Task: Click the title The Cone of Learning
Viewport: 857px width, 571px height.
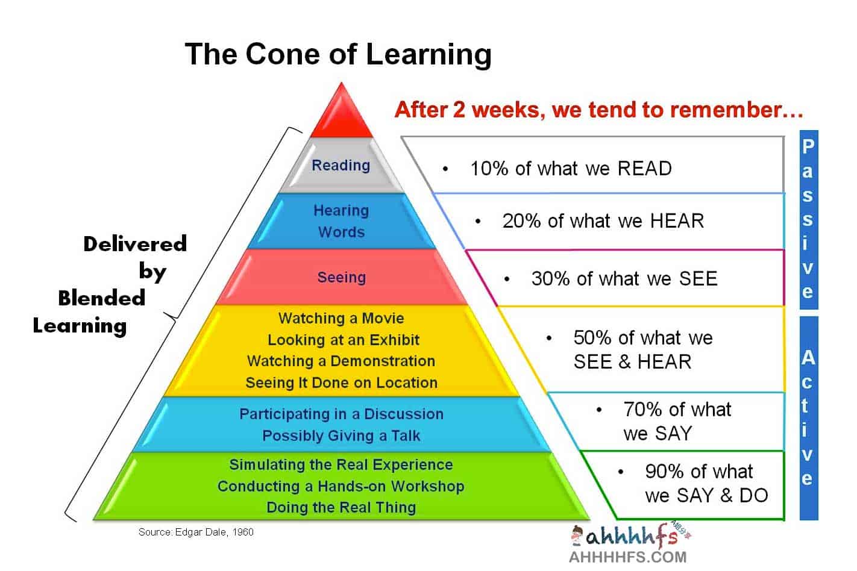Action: point(338,54)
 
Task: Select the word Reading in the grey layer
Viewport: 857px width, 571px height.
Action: point(341,166)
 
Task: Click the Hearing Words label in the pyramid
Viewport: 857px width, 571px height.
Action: point(341,221)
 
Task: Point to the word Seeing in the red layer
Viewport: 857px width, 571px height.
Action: point(342,277)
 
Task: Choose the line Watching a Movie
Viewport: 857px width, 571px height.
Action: point(341,318)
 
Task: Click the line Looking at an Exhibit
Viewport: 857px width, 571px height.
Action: point(344,340)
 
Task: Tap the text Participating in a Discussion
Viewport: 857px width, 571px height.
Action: point(342,414)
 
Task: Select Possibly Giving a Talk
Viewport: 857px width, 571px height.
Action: point(341,435)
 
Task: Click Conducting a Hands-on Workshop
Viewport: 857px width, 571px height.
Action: point(341,486)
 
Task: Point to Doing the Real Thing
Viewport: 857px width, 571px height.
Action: point(341,508)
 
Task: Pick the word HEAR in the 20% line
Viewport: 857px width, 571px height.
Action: point(677,221)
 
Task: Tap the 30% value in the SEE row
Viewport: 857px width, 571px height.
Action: point(551,278)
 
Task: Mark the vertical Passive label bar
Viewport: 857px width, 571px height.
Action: point(809,220)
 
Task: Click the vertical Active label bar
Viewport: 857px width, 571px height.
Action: point(809,418)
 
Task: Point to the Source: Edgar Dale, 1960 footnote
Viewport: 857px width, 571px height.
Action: point(196,532)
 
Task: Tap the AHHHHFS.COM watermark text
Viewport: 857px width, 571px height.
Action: point(628,557)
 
